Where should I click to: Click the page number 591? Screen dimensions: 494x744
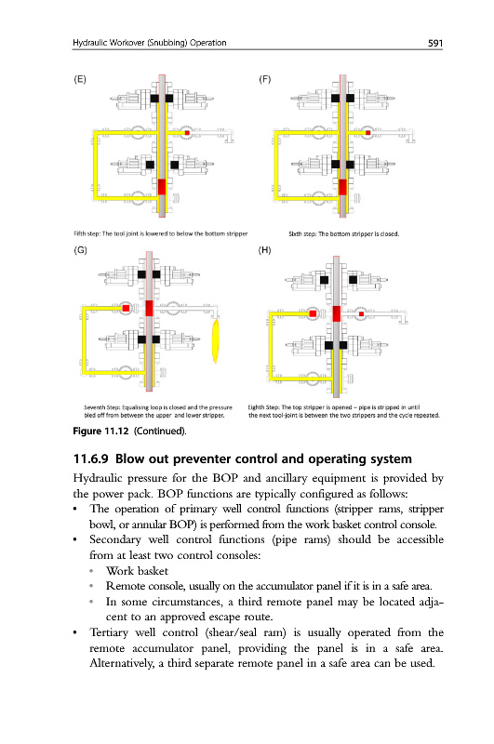(x=434, y=43)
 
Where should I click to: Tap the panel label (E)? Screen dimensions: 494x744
(x=80, y=79)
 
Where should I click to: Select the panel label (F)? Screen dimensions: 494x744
(x=265, y=79)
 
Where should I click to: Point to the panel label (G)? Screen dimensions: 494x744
(x=80, y=250)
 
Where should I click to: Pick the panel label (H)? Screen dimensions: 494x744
(x=265, y=250)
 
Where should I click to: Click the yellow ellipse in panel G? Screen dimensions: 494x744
(x=216, y=340)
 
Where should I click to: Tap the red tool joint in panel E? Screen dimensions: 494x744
(x=162, y=187)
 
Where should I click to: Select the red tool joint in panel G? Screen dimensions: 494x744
(x=149, y=308)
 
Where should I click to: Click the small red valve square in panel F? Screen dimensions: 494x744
(x=367, y=133)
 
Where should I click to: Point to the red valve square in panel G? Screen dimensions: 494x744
(x=126, y=309)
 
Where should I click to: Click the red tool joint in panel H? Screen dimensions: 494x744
(x=337, y=313)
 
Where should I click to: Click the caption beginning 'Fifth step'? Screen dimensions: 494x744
(x=161, y=233)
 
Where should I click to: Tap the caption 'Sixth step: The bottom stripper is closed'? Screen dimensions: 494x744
(x=344, y=233)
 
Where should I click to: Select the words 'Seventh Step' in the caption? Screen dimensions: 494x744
(x=101, y=407)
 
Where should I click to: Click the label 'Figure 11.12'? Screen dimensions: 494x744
(x=100, y=431)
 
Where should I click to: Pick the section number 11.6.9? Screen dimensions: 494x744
(x=90, y=458)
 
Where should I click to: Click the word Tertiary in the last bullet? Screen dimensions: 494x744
(x=109, y=632)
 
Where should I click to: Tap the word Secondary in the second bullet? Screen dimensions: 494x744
(x=114, y=540)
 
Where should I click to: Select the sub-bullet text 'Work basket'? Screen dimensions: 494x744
(x=137, y=571)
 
